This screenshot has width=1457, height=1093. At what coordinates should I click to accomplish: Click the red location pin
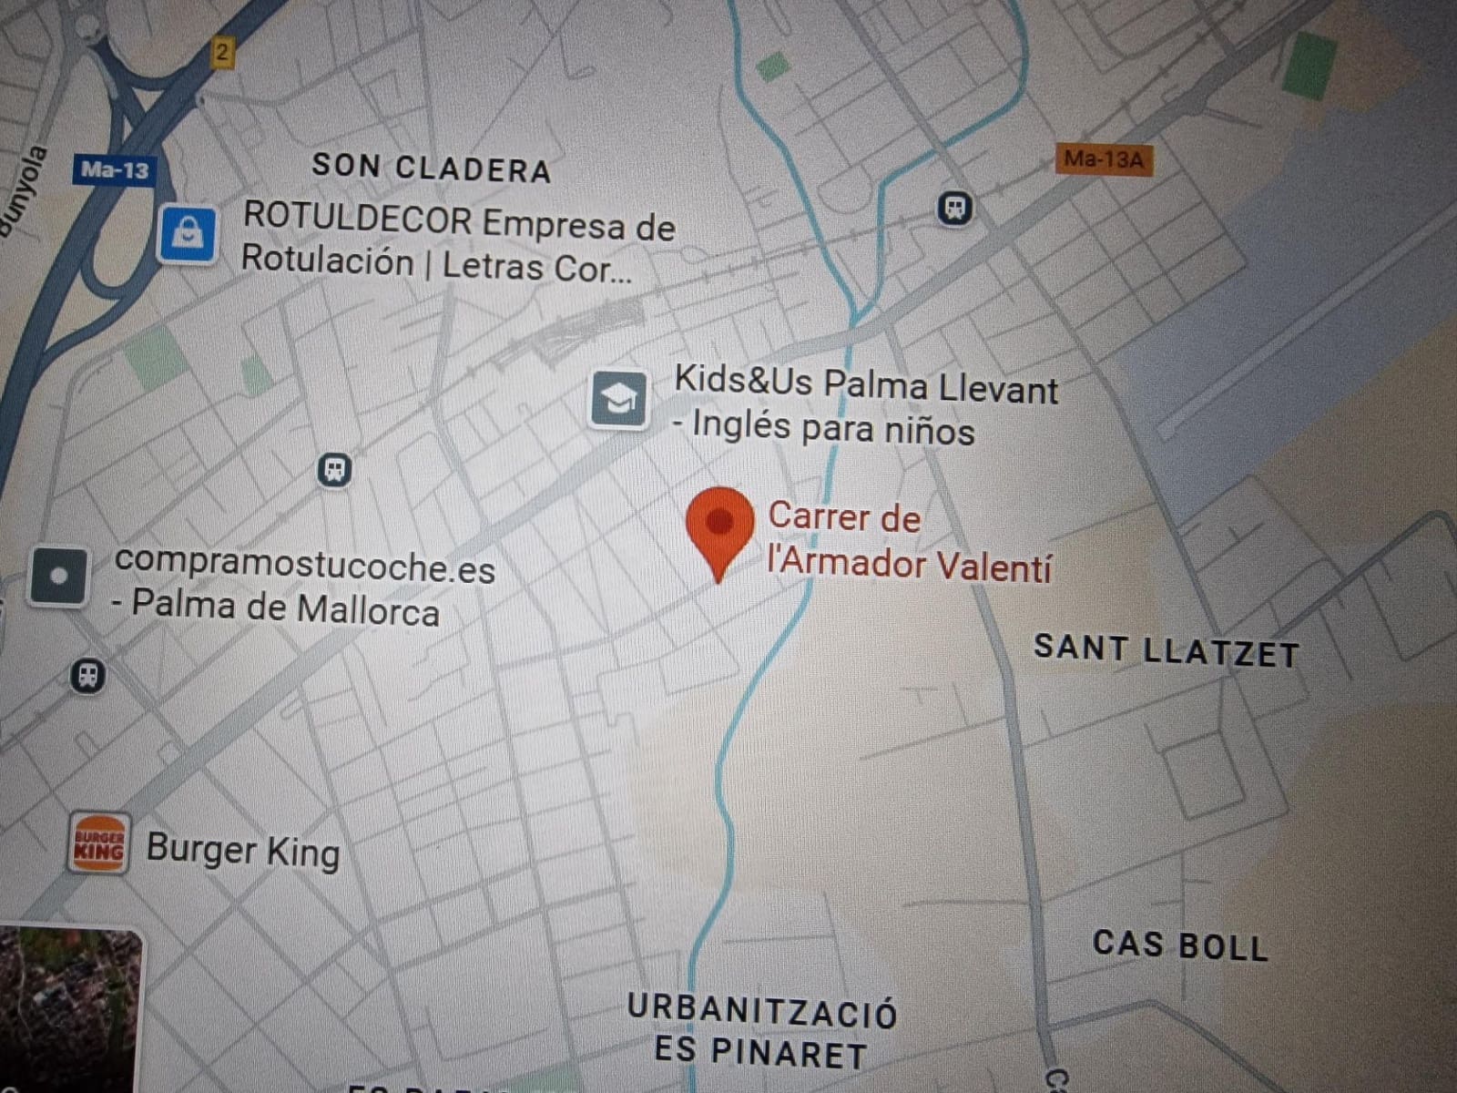719,526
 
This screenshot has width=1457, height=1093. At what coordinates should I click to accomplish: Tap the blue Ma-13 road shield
114,169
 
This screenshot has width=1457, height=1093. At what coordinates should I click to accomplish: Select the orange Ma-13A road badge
1104,160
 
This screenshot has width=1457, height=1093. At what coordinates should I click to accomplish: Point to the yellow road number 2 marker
221,52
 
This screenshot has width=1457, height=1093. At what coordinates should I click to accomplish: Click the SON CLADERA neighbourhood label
431,169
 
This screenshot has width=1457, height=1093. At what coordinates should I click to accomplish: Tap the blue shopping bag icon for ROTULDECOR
187,234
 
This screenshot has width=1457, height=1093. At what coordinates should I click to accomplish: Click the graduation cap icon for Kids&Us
618,399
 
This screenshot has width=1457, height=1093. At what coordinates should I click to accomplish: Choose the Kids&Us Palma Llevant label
865,384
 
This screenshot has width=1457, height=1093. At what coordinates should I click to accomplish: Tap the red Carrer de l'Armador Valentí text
909,541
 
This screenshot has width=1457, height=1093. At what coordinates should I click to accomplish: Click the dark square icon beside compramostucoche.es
59,576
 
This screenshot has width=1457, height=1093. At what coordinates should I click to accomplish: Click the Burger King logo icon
98,843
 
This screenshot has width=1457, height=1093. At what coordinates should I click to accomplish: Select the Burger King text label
243,851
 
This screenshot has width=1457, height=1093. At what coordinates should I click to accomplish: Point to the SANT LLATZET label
1166,650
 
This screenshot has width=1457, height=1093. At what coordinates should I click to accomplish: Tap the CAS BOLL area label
1179,945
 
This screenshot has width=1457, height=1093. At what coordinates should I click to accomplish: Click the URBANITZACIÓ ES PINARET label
761,1032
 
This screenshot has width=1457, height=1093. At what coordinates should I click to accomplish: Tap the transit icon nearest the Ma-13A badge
954,209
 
